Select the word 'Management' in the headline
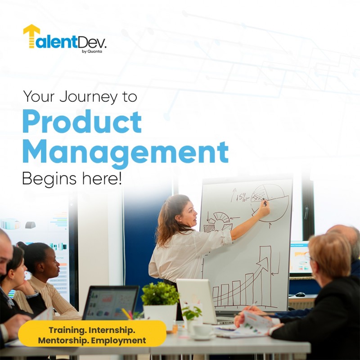click(125, 152)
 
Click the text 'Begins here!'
click(72, 179)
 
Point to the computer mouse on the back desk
click(300, 294)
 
